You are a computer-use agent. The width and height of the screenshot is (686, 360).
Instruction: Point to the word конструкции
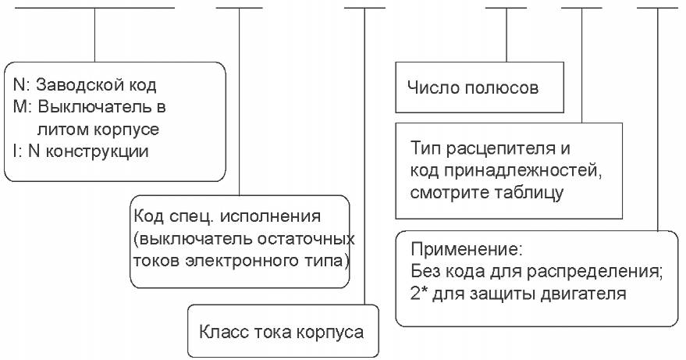[x=97, y=151]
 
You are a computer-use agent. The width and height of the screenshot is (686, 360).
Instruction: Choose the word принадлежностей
[x=523, y=171]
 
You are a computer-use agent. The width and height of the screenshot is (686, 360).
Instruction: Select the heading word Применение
[x=467, y=250]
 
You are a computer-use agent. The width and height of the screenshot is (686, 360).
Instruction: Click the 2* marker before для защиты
[x=418, y=293]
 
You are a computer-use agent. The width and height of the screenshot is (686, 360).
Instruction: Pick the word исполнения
[x=270, y=216]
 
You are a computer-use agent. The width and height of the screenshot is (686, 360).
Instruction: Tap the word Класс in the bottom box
[x=223, y=332]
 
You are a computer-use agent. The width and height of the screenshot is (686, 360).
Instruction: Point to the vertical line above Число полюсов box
[x=507, y=35]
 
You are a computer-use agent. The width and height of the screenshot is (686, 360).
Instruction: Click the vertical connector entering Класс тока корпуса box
[x=364, y=156]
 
